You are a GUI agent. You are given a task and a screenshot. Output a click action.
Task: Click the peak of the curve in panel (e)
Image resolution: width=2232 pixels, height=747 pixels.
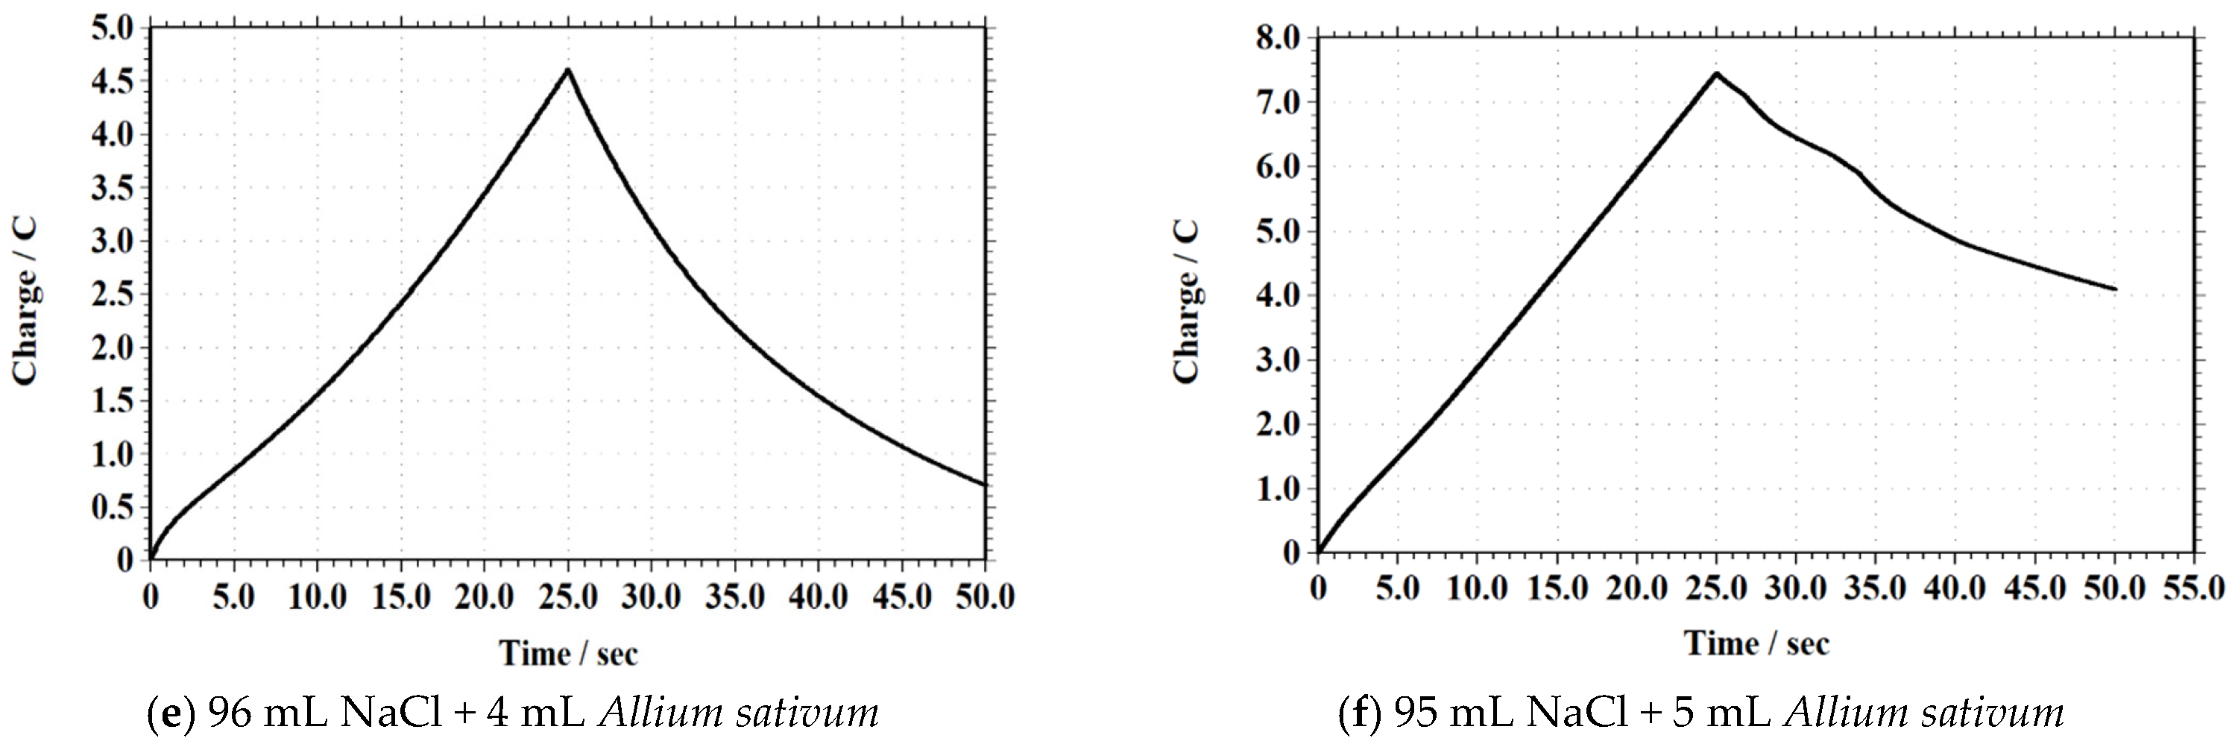[567, 69]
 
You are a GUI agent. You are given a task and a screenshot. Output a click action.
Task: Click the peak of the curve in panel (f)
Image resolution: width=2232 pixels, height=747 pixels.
[1715, 73]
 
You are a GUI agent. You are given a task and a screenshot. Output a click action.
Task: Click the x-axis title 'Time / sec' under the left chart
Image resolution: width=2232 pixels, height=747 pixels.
[567, 652]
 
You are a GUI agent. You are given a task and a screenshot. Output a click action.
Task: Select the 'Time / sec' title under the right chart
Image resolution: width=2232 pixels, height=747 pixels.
[1756, 643]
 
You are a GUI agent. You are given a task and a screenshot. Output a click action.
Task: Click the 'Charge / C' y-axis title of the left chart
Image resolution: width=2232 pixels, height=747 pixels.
[25, 300]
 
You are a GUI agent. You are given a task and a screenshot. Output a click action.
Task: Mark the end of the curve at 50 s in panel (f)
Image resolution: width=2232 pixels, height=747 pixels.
[2115, 289]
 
